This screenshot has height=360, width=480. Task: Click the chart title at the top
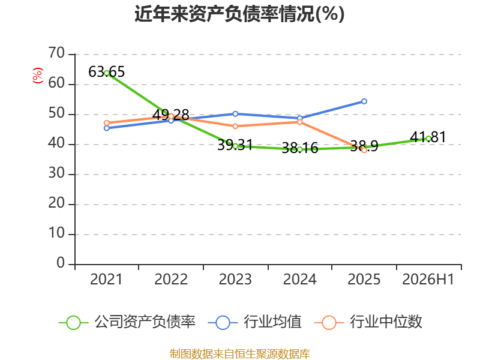tap(239, 14)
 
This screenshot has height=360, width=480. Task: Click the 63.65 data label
tap(107, 72)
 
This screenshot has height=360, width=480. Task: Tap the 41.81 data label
tap(428, 137)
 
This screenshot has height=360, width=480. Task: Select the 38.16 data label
tap(299, 148)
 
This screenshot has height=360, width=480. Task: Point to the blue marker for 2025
tap(364, 101)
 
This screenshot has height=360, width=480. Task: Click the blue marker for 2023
tap(235, 114)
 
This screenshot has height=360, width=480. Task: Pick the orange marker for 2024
tap(299, 122)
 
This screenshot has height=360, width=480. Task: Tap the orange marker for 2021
tap(107, 123)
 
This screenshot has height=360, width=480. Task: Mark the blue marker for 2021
tap(107, 128)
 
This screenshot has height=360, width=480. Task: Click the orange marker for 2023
tap(235, 126)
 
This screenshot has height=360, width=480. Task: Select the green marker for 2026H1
tap(428, 139)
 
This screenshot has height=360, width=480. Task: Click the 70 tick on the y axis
tap(56, 53)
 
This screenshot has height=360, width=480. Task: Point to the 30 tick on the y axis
tap(56, 173)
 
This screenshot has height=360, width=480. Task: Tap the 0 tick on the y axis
tap(61, 263)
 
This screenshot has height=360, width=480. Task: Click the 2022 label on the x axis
tap(171, 279)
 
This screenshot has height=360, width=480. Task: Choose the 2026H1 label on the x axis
tap(428, 279)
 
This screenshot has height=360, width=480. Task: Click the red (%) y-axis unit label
tap(37, 76)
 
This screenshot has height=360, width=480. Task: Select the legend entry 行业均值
tap(255, 322)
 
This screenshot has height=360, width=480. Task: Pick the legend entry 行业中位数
tap(368, 322)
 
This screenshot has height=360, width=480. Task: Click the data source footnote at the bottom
tap(239, 353)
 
